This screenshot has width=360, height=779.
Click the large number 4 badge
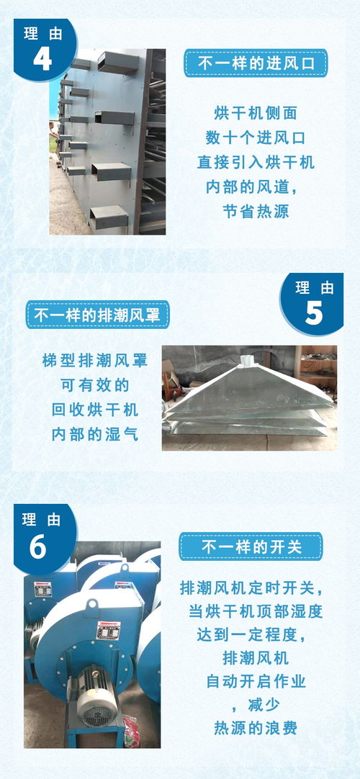coord(42,58)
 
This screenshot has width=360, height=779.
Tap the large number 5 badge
coord(314,312)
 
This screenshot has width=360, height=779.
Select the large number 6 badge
coord(38,546)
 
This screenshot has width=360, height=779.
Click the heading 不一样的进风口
coord(256,63)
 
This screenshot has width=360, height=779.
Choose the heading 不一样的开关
coord(251,547)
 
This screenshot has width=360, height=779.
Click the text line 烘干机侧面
coord(256,113)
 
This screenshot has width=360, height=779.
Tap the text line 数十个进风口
coord(256,138)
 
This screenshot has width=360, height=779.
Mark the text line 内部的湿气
coord(94,434)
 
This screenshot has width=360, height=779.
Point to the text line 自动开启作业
coord(251,680)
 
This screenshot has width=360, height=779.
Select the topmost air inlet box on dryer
coord(117,62)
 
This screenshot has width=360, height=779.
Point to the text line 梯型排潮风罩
coord(95,360)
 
